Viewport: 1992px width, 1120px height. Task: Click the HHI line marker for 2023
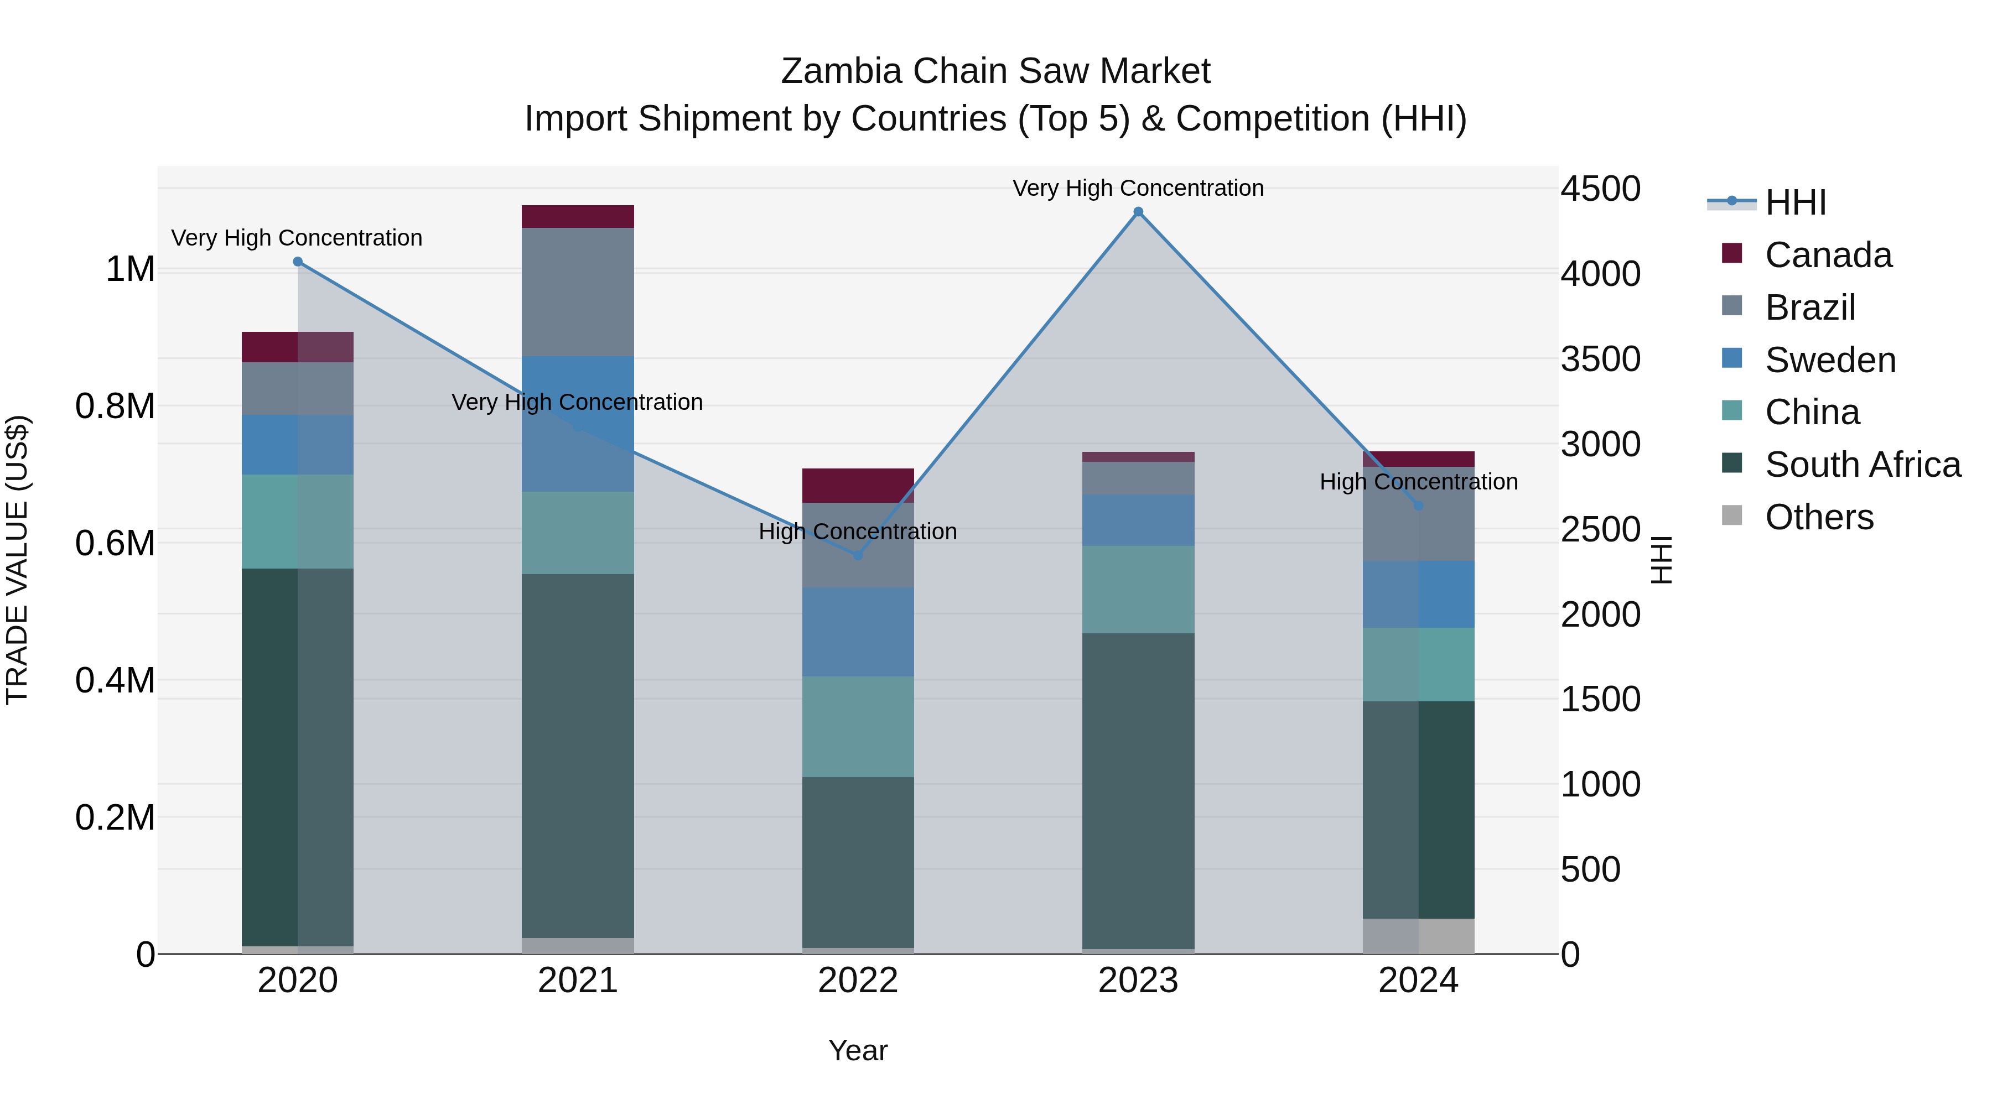pos(1138,212)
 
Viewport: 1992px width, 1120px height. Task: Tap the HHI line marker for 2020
pos(298,262)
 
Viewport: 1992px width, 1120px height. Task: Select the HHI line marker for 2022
pos(858,555)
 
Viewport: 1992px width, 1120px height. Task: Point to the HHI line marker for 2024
pos(1418,506)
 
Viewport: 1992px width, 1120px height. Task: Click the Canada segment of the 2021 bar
pos(578,216)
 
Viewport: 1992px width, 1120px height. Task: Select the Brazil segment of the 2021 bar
pos(578,291)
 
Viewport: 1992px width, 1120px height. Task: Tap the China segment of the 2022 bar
pos(858,727)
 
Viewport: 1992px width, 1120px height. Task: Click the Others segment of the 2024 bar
pos(1418,936)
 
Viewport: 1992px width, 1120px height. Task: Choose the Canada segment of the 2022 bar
pos(858,486)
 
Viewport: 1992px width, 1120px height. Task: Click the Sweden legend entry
pos(1830,360)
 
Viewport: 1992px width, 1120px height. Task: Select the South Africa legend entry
pos(1862,465)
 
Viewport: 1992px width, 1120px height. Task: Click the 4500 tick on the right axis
pos(1600,189)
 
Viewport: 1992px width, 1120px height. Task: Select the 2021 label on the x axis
pos(578,981)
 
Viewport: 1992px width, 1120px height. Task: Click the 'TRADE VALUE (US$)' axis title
pos(17,560)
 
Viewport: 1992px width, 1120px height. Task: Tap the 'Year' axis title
pos(858,1050)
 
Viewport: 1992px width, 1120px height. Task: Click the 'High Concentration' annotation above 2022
pos(858,532)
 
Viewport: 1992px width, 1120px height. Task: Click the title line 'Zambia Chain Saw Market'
pos(995,71)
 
